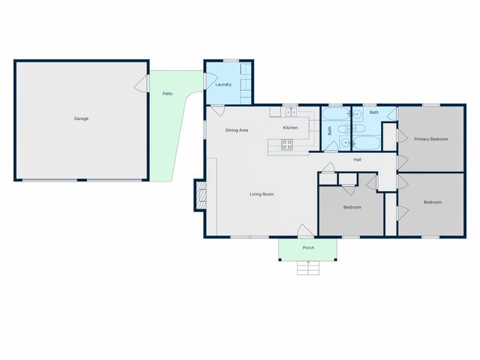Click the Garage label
81,118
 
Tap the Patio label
168,93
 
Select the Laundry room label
223,85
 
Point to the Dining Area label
237,130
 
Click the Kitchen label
290,128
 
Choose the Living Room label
262,194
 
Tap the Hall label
358,160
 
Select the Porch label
308,247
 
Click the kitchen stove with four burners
286,145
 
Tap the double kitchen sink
291,112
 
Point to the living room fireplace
199,196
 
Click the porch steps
307,268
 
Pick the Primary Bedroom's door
401,138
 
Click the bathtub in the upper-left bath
335,115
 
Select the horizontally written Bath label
373,112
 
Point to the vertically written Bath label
329,130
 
